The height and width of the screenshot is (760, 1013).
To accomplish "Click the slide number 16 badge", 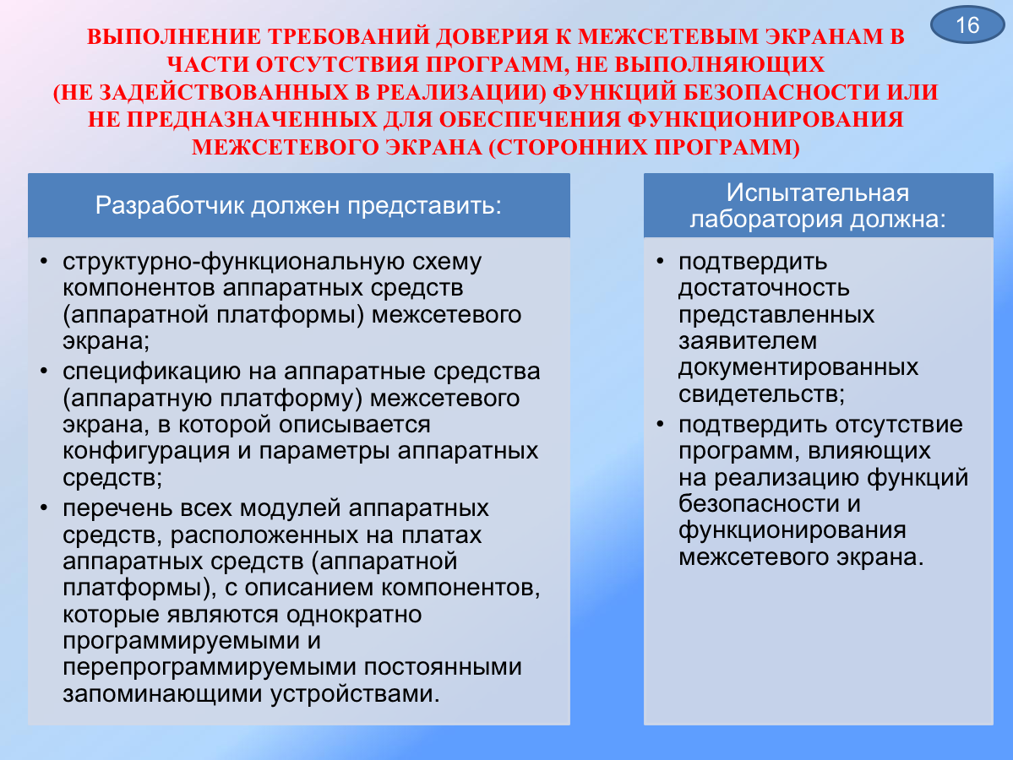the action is (967, 24).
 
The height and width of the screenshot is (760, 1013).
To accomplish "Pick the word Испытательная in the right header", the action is (817, 193).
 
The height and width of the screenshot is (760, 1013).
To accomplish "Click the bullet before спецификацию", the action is (44, 372).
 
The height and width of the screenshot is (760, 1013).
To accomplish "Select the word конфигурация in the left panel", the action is (146, 451).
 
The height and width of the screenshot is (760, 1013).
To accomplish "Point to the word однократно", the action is (354, 614).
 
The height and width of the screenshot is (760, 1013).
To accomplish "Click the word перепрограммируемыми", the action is (210, 668).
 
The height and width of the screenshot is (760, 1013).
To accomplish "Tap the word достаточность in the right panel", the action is (764, 289).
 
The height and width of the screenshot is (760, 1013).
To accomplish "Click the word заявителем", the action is (748, 341).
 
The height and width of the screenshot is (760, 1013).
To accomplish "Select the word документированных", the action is (798, 368).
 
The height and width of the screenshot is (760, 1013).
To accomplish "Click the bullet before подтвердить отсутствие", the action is (660, 425).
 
